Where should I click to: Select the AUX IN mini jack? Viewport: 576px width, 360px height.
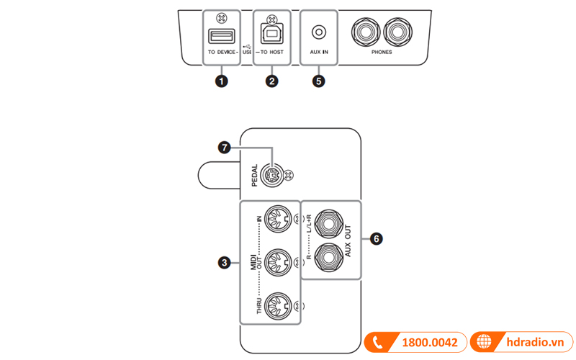(319, 32)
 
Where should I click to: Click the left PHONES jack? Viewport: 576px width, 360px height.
(364, 32)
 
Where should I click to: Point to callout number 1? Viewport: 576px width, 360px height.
(222, 81)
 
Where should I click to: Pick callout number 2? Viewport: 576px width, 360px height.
(271, 81)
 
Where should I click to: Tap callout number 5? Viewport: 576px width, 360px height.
(319, 81)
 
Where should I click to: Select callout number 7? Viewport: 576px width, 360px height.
(225, 148)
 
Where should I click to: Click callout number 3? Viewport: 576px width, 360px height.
(225, 264)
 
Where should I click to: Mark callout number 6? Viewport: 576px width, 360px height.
(376, 238)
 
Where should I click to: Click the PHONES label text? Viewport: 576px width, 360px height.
(382, 54)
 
